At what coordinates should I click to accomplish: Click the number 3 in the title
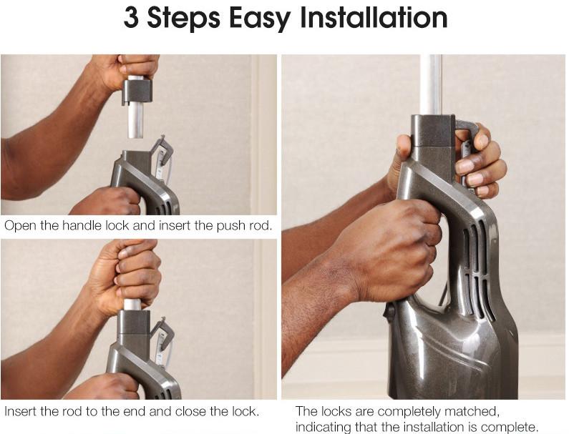131,17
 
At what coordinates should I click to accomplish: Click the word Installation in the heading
374,17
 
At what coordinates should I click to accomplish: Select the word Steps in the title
183,19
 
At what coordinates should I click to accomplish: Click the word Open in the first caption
20,226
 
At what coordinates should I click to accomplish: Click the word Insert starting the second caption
21,411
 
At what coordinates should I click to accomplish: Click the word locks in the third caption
336,411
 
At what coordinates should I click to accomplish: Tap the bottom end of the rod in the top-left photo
135,137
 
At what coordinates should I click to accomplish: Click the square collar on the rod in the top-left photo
137,92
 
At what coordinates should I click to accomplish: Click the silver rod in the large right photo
430,85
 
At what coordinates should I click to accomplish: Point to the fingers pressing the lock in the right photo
481,163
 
